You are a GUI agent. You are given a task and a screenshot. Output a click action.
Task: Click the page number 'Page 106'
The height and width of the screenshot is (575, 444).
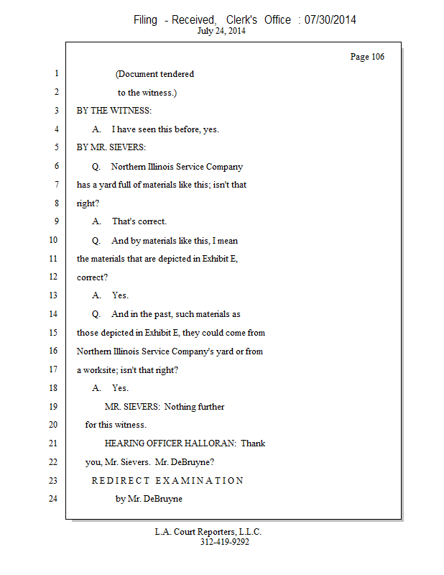click(x=367, y=57)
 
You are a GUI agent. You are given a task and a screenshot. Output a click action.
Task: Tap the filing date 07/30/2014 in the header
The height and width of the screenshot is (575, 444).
click(x=330, y=19)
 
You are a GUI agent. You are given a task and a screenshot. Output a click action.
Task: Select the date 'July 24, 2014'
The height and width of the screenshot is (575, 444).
click(x=221, y=31)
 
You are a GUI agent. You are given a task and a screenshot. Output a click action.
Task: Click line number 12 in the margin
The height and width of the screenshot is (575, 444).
click(x=53, y=277)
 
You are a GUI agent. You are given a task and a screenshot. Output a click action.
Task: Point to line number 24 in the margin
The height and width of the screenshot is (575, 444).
click(x=53, y=498)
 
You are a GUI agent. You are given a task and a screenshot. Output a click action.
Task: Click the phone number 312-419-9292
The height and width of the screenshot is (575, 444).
click(x=225, y=542)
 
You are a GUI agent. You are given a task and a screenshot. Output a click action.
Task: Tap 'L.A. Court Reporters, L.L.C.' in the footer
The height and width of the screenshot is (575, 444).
click(x=208, y=532)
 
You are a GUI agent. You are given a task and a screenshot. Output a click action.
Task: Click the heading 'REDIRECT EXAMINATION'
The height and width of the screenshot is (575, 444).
click(x=167, y=480)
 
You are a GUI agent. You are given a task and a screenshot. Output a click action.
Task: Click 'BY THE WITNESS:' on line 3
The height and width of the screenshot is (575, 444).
click(x=114, y=111)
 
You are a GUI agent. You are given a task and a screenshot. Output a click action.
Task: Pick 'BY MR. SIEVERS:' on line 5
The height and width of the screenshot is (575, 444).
click(x=111, y=147)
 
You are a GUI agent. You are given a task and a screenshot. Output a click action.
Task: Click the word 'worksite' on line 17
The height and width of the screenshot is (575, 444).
click(x=100, y=370)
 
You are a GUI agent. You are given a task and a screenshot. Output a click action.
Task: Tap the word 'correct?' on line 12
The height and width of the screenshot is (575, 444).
click(x=92, y=277)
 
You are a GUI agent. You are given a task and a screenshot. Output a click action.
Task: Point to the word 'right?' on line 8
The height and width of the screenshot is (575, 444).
click(x=88, y=203)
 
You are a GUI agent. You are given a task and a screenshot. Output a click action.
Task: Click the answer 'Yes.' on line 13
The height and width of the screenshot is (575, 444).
click(x=120, y=295)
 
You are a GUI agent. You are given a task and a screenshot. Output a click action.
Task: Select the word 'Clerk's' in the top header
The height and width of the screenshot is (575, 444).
click(x=241, y=19)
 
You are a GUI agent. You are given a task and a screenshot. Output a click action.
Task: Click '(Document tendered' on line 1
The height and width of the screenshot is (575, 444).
click(x=154, y=74)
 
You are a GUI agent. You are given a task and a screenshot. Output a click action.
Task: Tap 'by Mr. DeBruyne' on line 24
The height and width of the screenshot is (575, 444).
click(x=149, y=499)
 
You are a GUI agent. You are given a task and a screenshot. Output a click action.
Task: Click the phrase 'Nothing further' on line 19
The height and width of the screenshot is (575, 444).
click(x=194, y=407)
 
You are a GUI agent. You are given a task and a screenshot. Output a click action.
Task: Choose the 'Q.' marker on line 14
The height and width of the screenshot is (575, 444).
click(x=96, y=314)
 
